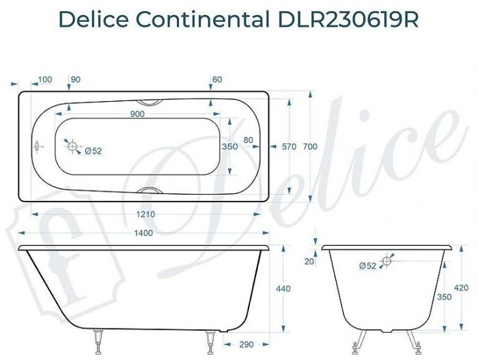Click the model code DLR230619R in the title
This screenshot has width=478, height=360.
pyautogui.click(x=348, y=20)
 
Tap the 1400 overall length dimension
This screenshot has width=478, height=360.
pyautogui.click(x=143, y=233)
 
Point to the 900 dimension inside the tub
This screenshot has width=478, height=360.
pyautogui.click(x=137, y=114)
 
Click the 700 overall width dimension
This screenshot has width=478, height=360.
pyautogui.click(x=311, y=146)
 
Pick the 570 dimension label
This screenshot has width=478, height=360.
pyautogui.click(x=290, y=146)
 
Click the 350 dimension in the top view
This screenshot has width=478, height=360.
pyautogui.click(x=229, y=146)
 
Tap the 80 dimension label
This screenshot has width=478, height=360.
pyautogui.click(x=248, y=140)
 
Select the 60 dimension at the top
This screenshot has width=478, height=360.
pyautogui.click(x=217, y=80)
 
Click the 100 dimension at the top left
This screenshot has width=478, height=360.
pyautogui.click(x=45, y=80)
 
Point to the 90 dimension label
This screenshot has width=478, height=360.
pyautogui.click(x=75, y=80)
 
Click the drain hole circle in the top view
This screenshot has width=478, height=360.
pyautogui.click(x=71, y=146)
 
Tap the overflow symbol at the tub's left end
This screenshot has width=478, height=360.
pyautogui.click(x=37, y=146)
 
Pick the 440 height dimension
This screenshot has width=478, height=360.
pyautogui.click(x=283, y=289)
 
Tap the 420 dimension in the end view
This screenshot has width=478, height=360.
pyautogui.click(x=462, y=288)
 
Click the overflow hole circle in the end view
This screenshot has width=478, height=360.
pyautogui.click(x=386, y=261)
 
